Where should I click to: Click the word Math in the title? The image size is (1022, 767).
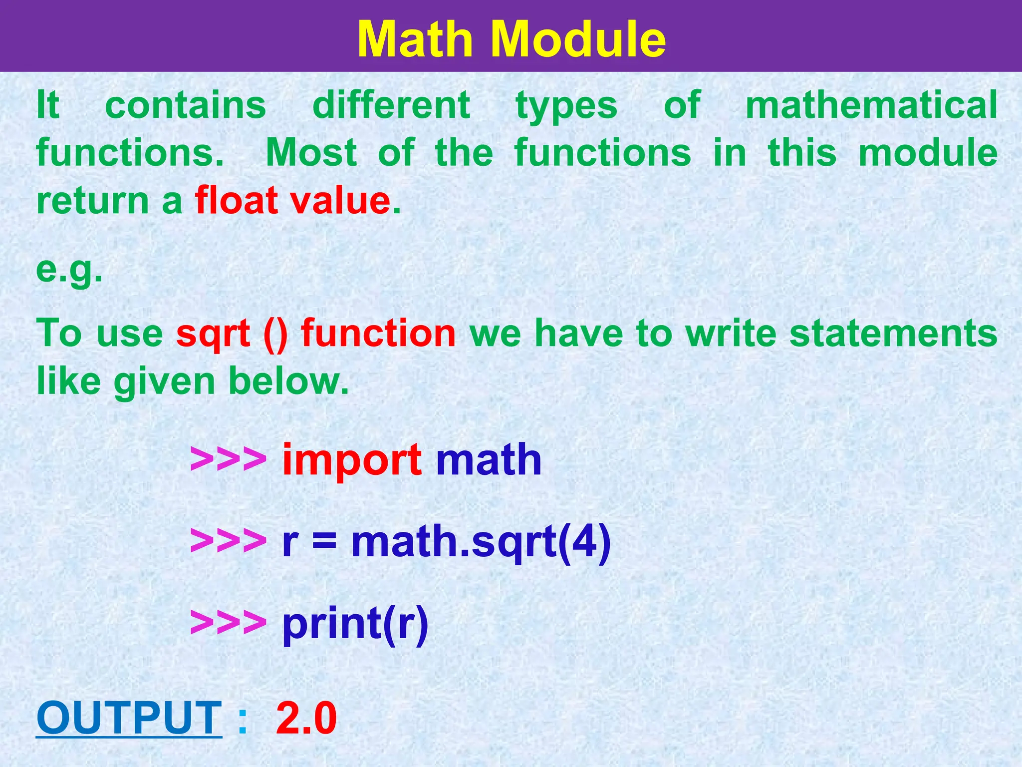coord(422,40)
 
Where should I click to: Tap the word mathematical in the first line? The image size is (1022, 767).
coord(871,106)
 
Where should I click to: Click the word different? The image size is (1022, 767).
coord(391,105)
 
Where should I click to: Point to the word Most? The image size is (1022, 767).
coord(311,153)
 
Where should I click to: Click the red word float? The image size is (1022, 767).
coord(236,201)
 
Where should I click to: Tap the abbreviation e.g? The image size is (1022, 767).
coord(69,271)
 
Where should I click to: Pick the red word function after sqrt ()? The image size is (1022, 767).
coord(378,334)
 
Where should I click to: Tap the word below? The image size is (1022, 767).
coord(288,382)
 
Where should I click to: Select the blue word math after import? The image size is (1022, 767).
coord(489,459)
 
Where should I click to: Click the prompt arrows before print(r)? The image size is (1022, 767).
coord(228,622)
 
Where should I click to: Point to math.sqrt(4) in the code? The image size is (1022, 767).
coord(481,542)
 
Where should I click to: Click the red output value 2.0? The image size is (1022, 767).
coord(306,718)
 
